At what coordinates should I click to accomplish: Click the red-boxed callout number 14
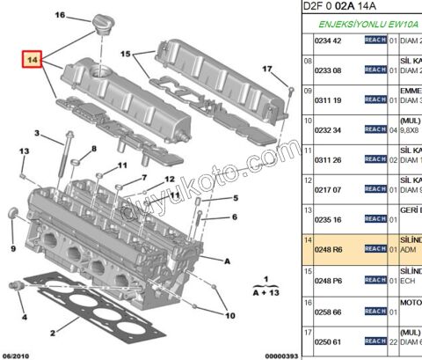click(33, 61)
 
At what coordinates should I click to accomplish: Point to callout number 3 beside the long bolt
click(37, 134)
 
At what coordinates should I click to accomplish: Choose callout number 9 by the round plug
click(12, 249)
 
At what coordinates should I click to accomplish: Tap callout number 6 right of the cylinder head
click(235, 217)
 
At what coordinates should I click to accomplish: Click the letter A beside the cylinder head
click(227, 261)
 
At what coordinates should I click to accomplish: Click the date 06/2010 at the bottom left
click(17, 354)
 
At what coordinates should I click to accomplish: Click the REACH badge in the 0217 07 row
click(375, 189)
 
